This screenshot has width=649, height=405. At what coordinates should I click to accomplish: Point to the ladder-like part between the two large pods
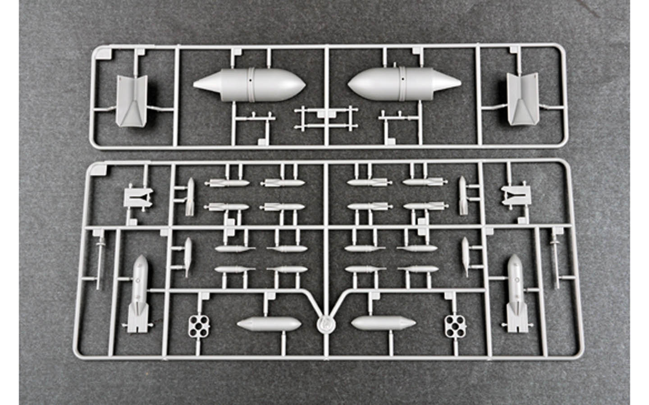click(x=325, y=118)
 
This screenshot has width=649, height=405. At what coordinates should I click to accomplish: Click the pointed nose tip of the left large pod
click(x=195, y=84)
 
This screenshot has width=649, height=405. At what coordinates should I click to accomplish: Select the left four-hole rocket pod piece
click(x=198, y=325)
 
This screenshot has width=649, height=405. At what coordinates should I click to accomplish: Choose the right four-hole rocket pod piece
click(x=455, y=325)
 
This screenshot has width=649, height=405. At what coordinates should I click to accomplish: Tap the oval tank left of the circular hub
click(x=269, y=324)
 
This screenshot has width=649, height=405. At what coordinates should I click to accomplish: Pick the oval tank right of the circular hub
click(x=383, y=323)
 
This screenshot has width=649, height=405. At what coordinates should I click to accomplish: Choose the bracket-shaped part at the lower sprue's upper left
click(x=138, y=197)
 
